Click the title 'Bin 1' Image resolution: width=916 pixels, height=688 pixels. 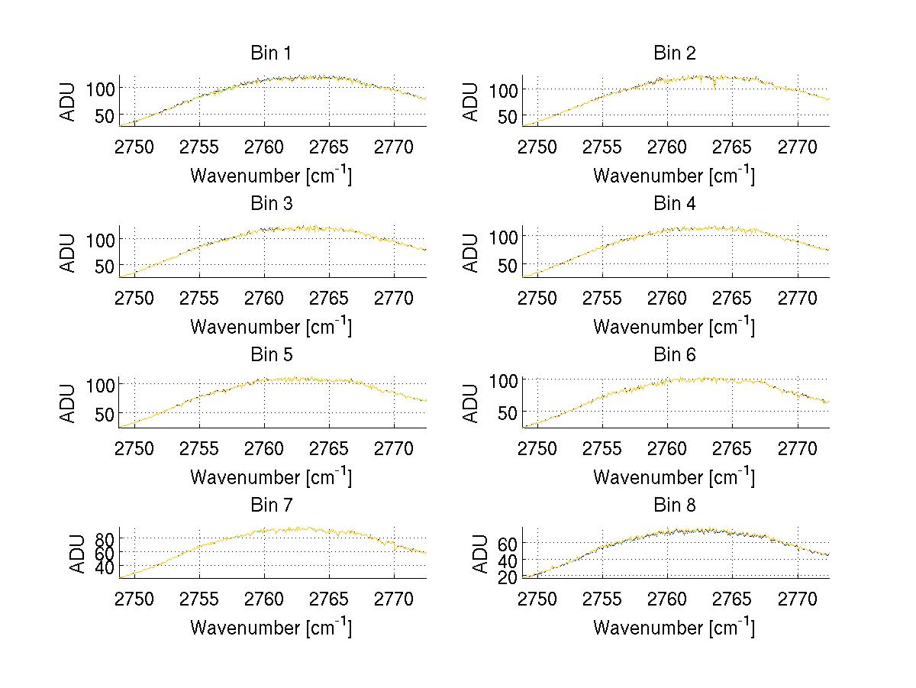point(270,53)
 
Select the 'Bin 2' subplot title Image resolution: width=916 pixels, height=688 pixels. point(674,53)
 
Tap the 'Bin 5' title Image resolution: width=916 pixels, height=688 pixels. point(270,355)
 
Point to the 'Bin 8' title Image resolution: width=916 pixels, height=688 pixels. point(674,506)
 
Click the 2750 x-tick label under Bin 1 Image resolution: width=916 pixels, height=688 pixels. point(134,147)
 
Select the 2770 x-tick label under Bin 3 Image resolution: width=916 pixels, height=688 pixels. point(394,297)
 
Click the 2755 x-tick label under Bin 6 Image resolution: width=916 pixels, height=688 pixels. point(602,447)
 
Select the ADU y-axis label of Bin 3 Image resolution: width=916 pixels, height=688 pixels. point(69,252)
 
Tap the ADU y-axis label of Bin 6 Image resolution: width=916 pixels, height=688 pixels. point(472,402)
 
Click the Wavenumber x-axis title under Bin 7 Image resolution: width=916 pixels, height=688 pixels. point(270,628)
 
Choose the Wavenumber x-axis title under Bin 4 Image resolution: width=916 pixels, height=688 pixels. point(674,327)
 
